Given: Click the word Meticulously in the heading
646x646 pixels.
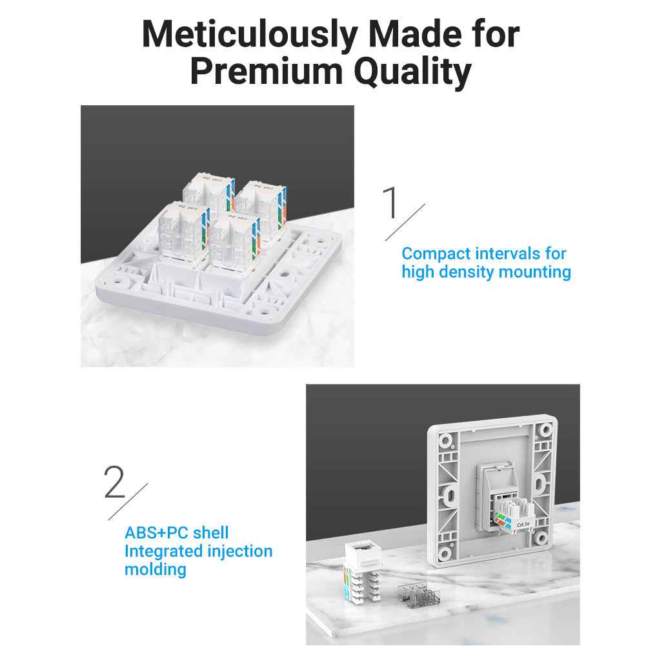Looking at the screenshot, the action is tap(250, 35).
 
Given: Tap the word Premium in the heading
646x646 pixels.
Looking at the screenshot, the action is tap(267, 72).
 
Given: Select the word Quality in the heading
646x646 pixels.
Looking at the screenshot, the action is tap(412, 72).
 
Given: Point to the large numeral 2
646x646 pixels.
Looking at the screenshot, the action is tap(114, 481).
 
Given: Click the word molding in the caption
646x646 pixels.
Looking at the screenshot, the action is tap(156, 570).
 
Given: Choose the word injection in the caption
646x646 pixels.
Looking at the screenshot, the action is tap(239, 551).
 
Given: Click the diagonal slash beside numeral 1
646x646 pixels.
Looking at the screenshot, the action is tap(405, 222).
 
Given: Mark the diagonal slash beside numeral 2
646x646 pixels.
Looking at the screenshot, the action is tap(128, 501).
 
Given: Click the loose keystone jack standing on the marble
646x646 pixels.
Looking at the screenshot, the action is tap(363, 572).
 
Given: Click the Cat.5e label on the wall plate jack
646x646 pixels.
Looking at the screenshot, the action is tap(523, 525).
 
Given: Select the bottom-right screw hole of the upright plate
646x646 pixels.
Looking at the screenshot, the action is tap(541, 538).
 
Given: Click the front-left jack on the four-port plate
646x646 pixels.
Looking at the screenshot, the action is tap(183, 232).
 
